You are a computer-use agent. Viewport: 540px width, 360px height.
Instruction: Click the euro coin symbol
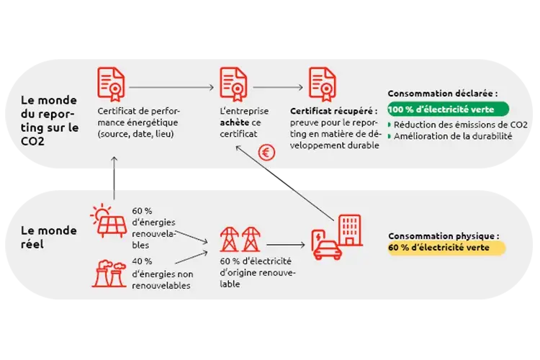tap(267, 153)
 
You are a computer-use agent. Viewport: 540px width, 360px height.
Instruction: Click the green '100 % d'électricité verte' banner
tap(448, 109)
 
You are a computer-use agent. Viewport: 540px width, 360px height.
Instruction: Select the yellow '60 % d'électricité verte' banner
tap(446, 248)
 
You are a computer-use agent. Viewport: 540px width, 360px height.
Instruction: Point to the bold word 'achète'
tap(235, 123)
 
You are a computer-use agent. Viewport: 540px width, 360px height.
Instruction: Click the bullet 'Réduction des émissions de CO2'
tap(460, 125)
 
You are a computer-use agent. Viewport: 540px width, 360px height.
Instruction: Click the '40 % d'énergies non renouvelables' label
tap(163, 273)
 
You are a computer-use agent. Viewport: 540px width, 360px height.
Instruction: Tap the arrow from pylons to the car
tap(284, 245)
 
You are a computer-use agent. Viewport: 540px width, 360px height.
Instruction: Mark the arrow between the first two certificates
tap(171, 87)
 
